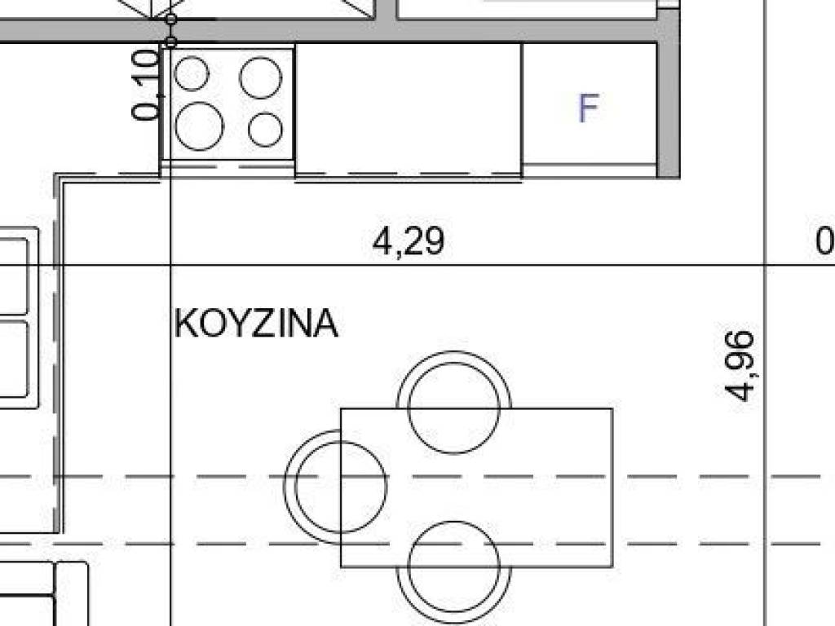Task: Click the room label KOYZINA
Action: point(256,323)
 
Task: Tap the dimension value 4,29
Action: point(408,241)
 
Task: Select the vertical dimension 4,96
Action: point(740,366)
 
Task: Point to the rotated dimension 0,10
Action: point(145,84)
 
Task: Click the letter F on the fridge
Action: point(589,108)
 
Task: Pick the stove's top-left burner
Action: point(192,73)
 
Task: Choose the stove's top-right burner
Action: point(260,77)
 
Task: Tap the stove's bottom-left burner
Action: point(199,126)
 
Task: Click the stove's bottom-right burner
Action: point(265,130)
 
